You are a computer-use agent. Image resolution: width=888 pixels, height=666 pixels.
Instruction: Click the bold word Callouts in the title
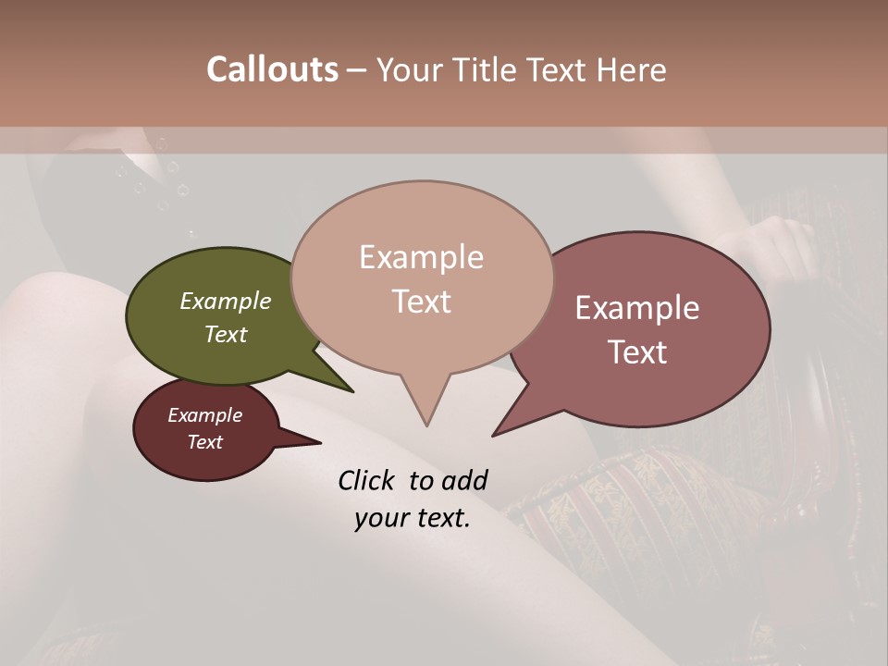pos(272,69)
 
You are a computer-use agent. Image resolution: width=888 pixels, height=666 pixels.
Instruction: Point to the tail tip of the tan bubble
pos(426,425)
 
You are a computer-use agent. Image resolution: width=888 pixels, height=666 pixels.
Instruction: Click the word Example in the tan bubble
pos(421,257)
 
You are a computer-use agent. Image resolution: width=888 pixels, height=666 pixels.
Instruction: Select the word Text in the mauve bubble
pos(637,352)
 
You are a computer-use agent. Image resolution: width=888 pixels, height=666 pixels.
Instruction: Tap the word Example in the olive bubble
pos(225,301)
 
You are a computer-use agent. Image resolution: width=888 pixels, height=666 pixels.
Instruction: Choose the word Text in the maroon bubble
pos(205,442)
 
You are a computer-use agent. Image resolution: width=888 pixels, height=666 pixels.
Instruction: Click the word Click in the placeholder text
pos(367,480)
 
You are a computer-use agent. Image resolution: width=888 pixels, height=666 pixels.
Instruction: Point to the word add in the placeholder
pos(463,480)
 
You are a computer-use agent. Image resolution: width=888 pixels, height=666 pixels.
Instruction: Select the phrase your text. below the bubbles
pos(413,518)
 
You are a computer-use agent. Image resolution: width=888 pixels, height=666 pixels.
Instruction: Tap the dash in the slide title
pos(356,70)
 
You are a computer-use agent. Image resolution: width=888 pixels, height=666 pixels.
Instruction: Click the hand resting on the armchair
pos(777,245)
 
